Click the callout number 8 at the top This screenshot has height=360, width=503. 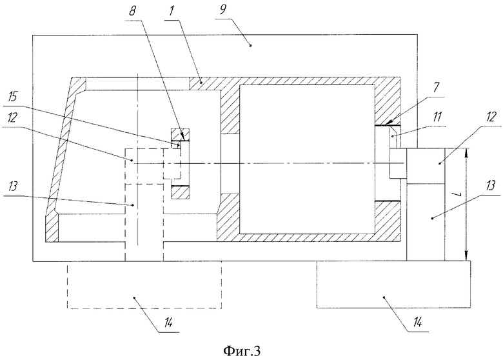tap(132, 11)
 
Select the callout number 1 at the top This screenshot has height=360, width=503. tap(172, 10)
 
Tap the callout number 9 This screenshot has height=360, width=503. tap(223, 10)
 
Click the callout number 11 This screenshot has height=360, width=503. tap(437, 117)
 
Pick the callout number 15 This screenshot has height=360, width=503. tap(12, 97)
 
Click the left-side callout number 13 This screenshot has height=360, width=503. tap(12, 186)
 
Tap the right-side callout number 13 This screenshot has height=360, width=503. tap(490, 185)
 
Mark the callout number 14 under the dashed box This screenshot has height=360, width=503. tap(167, 322)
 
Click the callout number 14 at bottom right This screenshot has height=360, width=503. tap(417, 321)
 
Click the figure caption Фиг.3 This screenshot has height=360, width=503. tap(242, 351)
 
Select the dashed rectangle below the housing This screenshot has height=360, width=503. tap(144, 285)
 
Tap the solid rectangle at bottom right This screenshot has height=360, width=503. tap(393, 285)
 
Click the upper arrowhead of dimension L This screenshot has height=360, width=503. tap(466, 153)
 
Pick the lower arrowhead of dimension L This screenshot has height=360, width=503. tap(466, 255)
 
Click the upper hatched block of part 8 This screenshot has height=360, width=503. tap(181, 135)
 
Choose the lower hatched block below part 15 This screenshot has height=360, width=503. tap(181, 192)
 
